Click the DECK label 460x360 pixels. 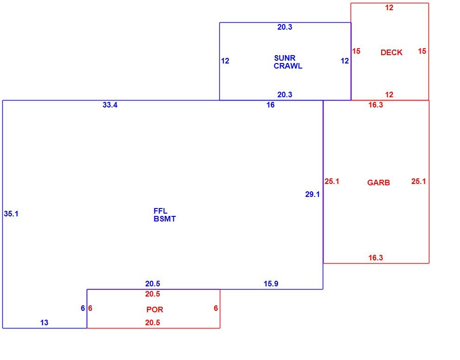click(391, 52)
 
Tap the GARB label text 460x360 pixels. click(378, 183)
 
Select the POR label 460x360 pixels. click(154, 309)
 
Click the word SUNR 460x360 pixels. click(285, 58)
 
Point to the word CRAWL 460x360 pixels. click(288, 66)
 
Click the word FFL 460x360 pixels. click(160, 211)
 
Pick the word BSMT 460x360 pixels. click(165, 219)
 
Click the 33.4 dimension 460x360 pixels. click(110, 105)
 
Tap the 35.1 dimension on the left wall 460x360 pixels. click(11, 214)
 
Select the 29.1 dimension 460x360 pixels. click(313, 195)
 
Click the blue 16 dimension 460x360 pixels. click(270, 105)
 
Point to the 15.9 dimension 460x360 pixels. click(271, 284)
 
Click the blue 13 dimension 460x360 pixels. click(44, 322)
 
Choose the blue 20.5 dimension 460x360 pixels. click(153, 284)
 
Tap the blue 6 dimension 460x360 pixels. click(83, 308)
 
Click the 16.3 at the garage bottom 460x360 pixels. click(376, 258)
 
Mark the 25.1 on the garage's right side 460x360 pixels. click(419, 181)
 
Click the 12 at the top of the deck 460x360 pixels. click(389, 7)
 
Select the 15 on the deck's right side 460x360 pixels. click(422, 51)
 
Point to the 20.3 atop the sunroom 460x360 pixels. click(285, 27)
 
